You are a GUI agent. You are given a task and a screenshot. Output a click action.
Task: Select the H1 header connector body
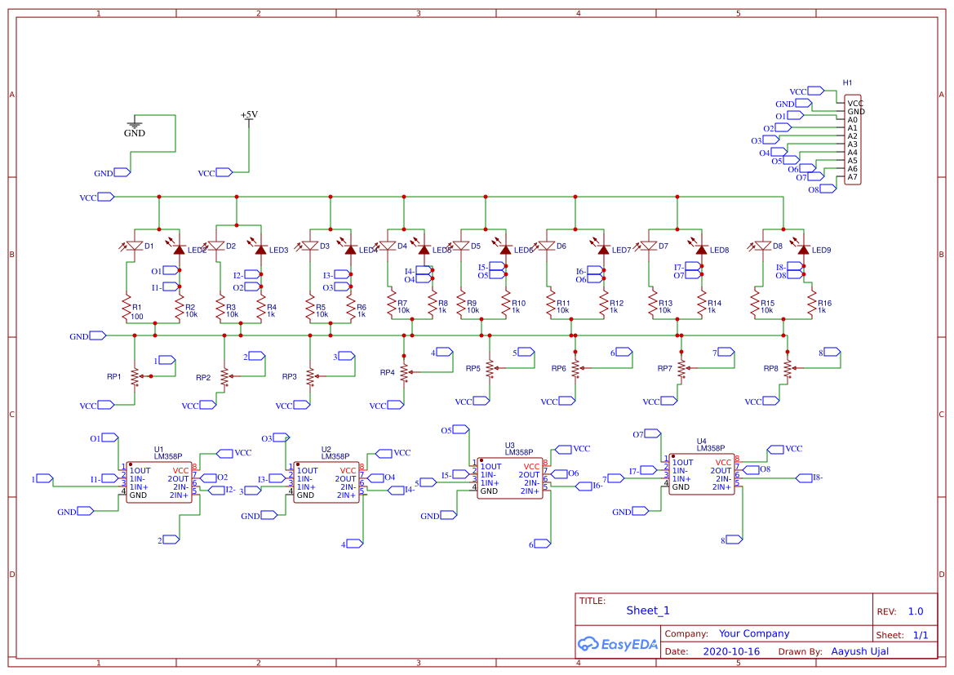[x=852, y=140]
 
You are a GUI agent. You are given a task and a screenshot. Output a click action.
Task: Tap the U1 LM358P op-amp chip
[x=159, y=483]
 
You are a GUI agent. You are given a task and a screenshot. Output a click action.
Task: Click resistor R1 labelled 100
[x=127, y=308]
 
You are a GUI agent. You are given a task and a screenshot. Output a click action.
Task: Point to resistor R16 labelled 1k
[x=811, y=307]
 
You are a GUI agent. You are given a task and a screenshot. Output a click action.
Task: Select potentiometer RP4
[x=404, y=372]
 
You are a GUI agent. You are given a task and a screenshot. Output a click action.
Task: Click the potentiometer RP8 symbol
[x=788, y=368]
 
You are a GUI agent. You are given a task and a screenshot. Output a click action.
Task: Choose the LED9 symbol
[x=803, y=250]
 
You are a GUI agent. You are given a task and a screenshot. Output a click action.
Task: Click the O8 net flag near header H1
[x=827, y=189]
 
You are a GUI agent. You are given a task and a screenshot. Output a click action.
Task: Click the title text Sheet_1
[x=648, y=611]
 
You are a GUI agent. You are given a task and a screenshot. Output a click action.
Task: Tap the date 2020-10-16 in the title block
[x=730, y=651]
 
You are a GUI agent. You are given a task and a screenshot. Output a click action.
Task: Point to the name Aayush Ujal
[x=859, y=651]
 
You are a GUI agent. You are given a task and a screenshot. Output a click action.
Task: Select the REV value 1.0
[x=916, y=611]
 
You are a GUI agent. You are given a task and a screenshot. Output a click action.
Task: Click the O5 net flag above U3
[x=459, y=430]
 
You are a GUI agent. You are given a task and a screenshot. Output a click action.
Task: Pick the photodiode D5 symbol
[x=462, y=246]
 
